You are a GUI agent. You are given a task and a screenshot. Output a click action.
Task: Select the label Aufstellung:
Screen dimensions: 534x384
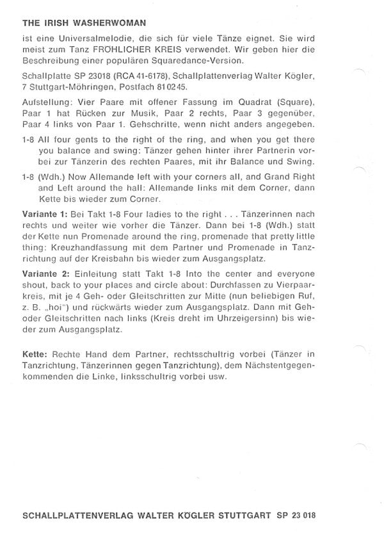coord(47,104)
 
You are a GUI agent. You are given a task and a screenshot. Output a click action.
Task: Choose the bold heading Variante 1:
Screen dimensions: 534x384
coord(45,213)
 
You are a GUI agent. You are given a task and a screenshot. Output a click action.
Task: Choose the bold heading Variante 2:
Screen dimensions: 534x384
coord(45,273)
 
